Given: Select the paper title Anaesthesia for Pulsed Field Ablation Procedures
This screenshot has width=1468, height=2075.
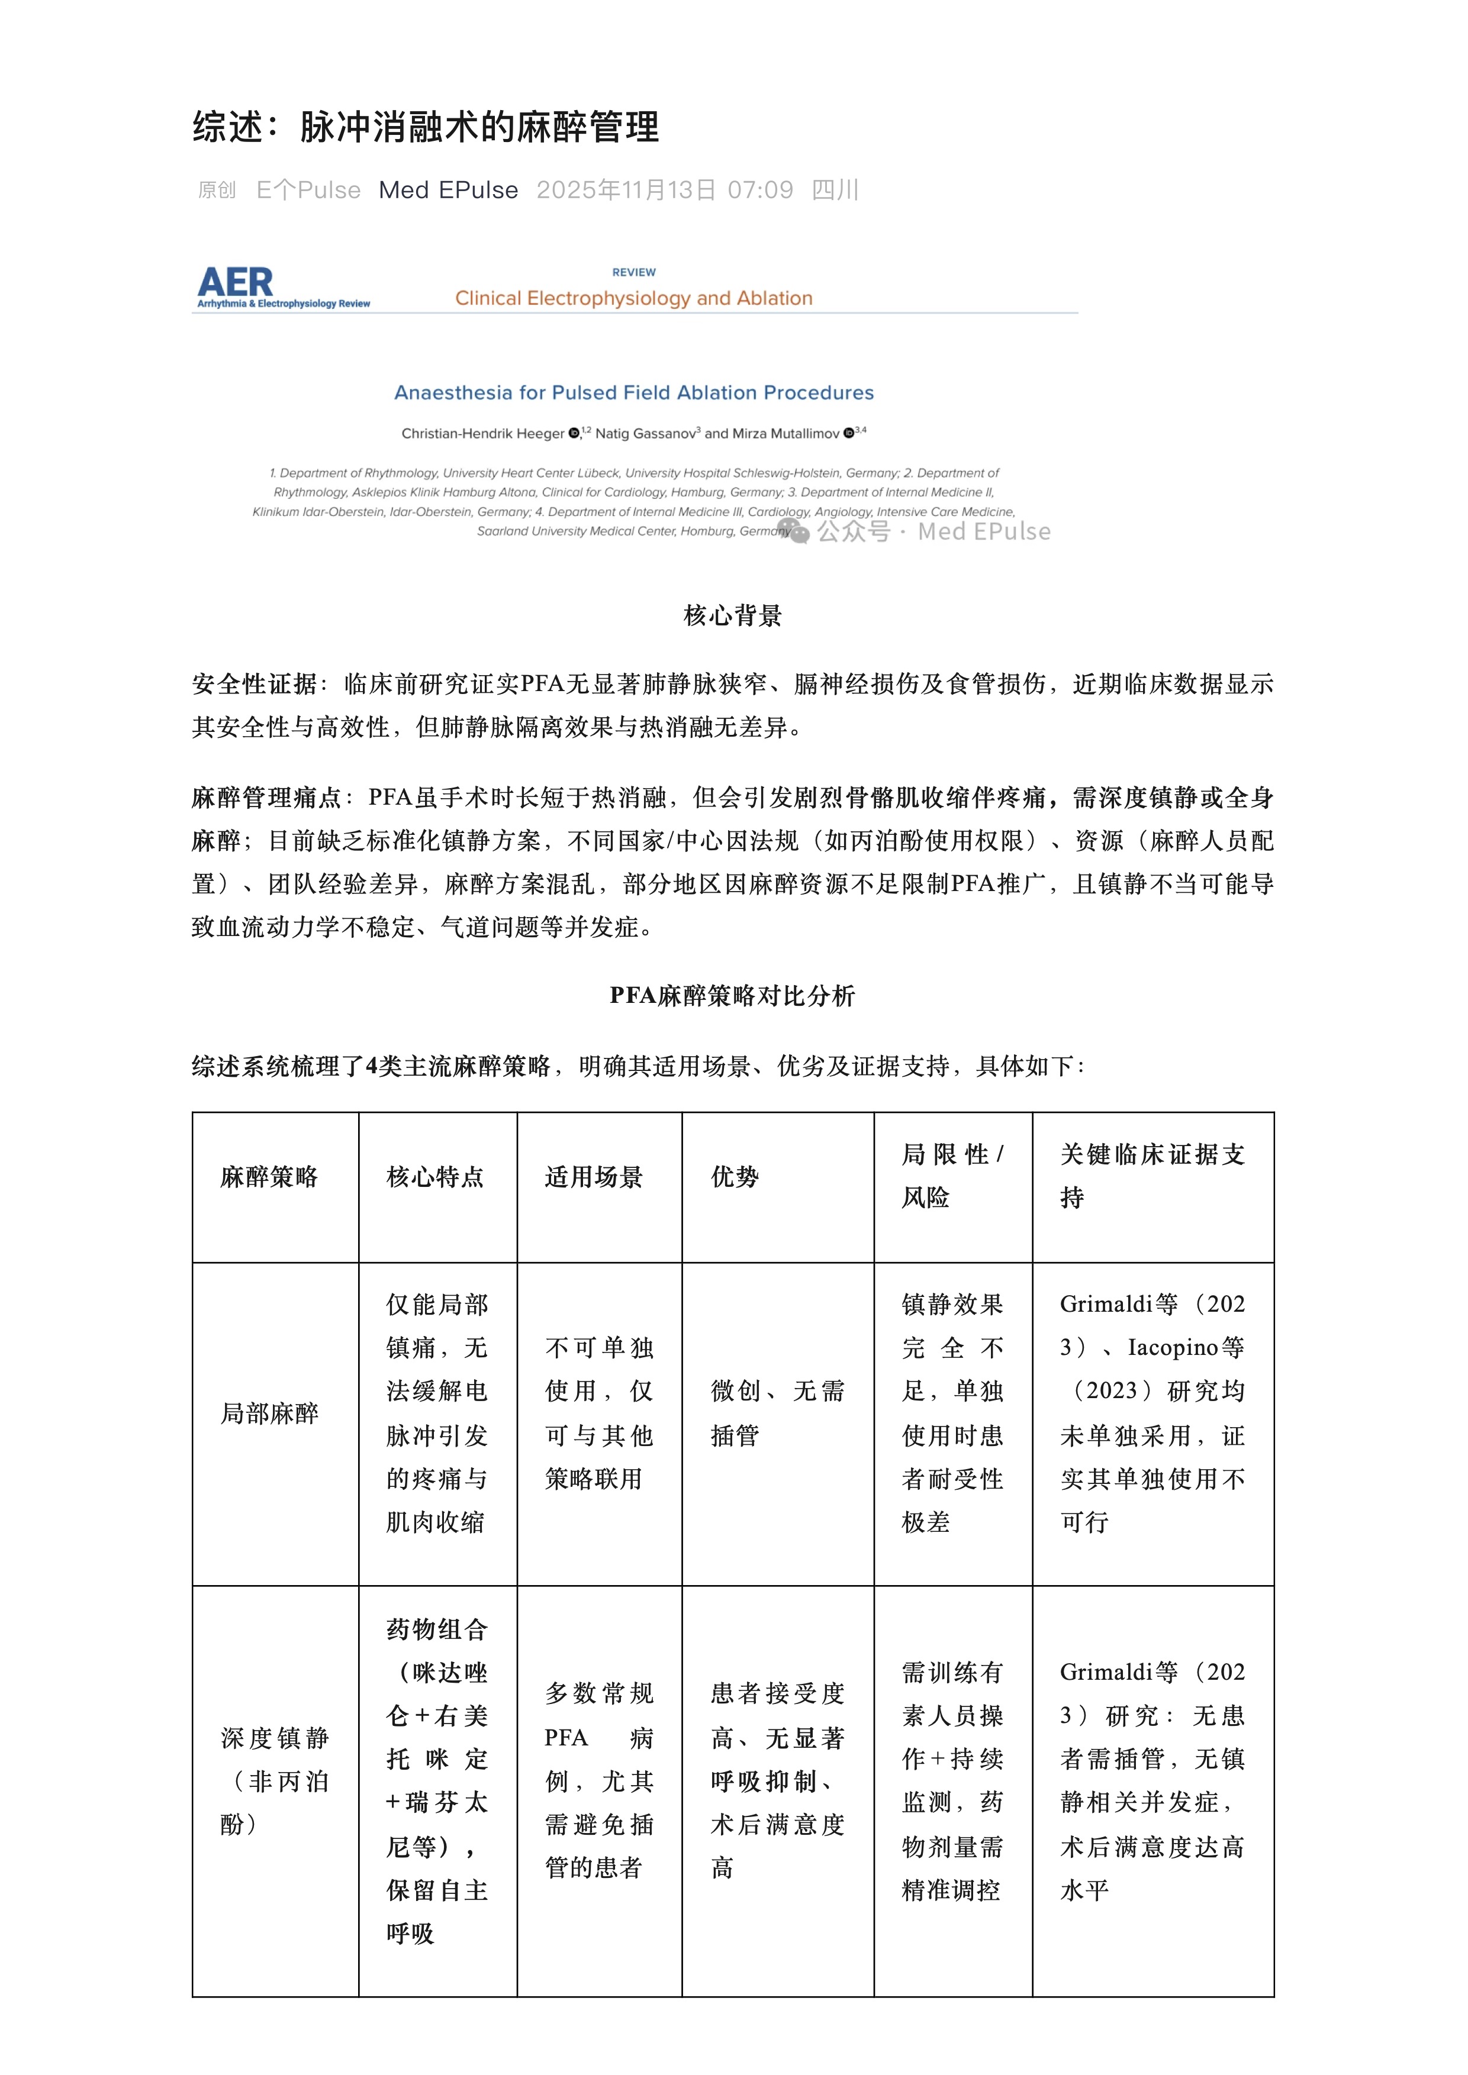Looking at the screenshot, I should (x=633, y=392).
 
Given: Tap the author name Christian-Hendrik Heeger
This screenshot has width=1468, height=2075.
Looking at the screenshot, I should (x=482, y=434).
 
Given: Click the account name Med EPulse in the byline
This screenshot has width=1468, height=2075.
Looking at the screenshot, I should (x=448, y=190).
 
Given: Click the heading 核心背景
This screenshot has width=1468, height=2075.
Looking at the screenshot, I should (x=733, y=617).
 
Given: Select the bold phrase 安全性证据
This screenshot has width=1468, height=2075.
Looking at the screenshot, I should (x=254, y=684).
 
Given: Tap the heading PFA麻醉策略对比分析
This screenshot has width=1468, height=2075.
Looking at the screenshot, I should (x=732, y=996).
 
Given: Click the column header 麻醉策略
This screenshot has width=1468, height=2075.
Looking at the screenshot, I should (x=269, y=1177).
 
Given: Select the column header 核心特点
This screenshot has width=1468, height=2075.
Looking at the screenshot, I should (x=435, y=1177).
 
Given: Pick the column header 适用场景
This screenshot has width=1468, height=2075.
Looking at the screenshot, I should (x=594, y=1177).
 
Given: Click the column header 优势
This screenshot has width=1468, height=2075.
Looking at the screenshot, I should (x=735, y=1177).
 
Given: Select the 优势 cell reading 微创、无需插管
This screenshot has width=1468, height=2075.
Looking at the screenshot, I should (x=777, y=1412).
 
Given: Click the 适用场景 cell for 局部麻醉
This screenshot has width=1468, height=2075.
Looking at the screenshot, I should (x=598, y=1412).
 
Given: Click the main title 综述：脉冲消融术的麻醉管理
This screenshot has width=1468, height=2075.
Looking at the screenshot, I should (x=426, y=127).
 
